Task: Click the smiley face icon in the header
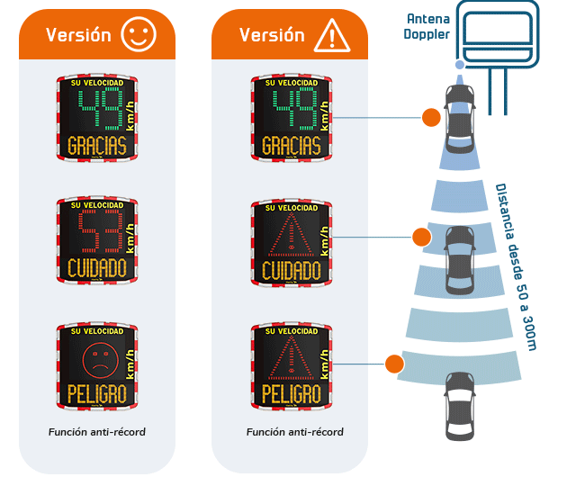tap(139, 35)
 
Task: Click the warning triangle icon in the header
tap(332, 36)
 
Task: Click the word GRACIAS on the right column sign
tap(291, 145)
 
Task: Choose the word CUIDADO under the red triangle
tap(291, 269)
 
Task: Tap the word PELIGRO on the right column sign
tap(291, 393)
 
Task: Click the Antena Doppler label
tap(428, 27)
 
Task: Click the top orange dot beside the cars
tap(431, 117)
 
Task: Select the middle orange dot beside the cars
tap(420, 238)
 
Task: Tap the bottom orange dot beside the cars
tap(393, 364)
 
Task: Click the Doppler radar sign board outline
tap(497, 33)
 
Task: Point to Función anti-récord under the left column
tap(96, 432)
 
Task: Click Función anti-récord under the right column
tap(294, 432)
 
